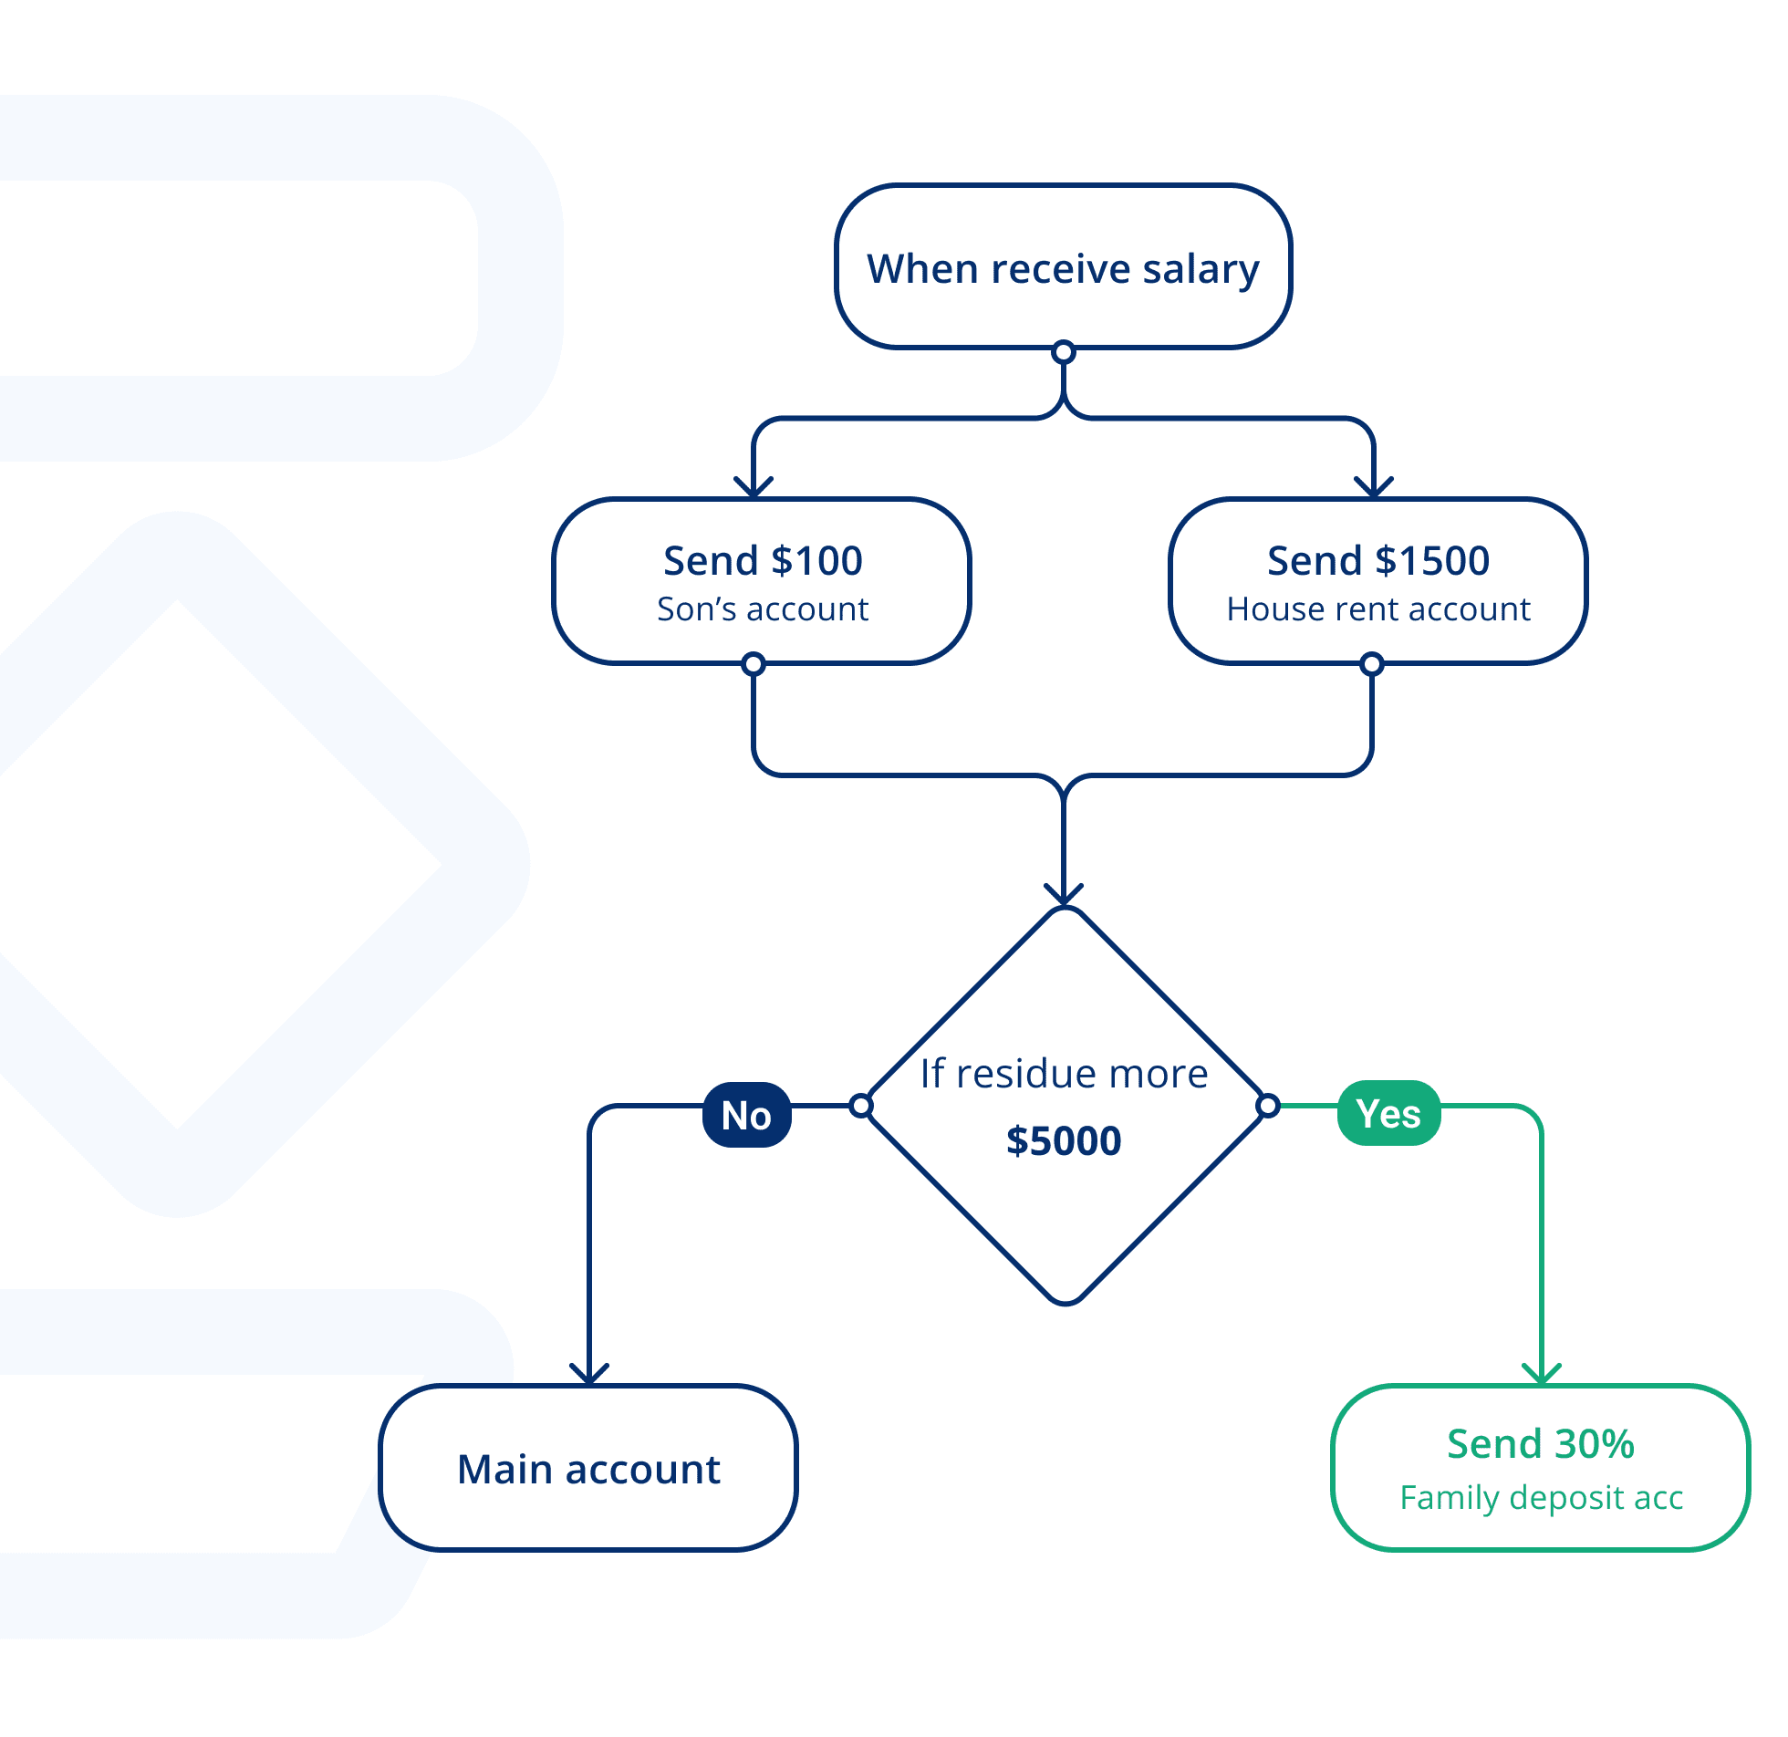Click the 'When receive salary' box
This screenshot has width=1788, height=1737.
1063,267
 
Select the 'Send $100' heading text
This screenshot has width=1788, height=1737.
763,560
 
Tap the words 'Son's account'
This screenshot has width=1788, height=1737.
763,609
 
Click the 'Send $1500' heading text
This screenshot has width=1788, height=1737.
1377,560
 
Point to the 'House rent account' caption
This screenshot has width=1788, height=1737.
1377,609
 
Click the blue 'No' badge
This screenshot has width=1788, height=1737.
746,1115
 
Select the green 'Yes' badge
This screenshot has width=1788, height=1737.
1388,1113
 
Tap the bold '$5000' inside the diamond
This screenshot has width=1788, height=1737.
1064,1140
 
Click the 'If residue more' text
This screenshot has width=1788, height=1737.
1064,1074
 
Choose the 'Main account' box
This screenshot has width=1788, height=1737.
588,1468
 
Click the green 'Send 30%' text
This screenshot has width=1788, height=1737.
1540,1443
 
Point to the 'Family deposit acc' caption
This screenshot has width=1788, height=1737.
1541,1497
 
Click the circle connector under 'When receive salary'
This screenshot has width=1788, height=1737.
1064,351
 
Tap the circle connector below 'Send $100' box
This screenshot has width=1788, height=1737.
754,664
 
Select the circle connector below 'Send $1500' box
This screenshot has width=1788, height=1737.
1372,664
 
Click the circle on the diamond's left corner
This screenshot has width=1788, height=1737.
861,1106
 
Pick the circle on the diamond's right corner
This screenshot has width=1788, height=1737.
1268,1107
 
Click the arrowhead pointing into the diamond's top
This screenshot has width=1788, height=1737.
1064,895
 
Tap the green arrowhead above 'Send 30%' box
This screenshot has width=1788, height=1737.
1542,1374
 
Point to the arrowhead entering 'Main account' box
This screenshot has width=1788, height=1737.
589,1374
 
